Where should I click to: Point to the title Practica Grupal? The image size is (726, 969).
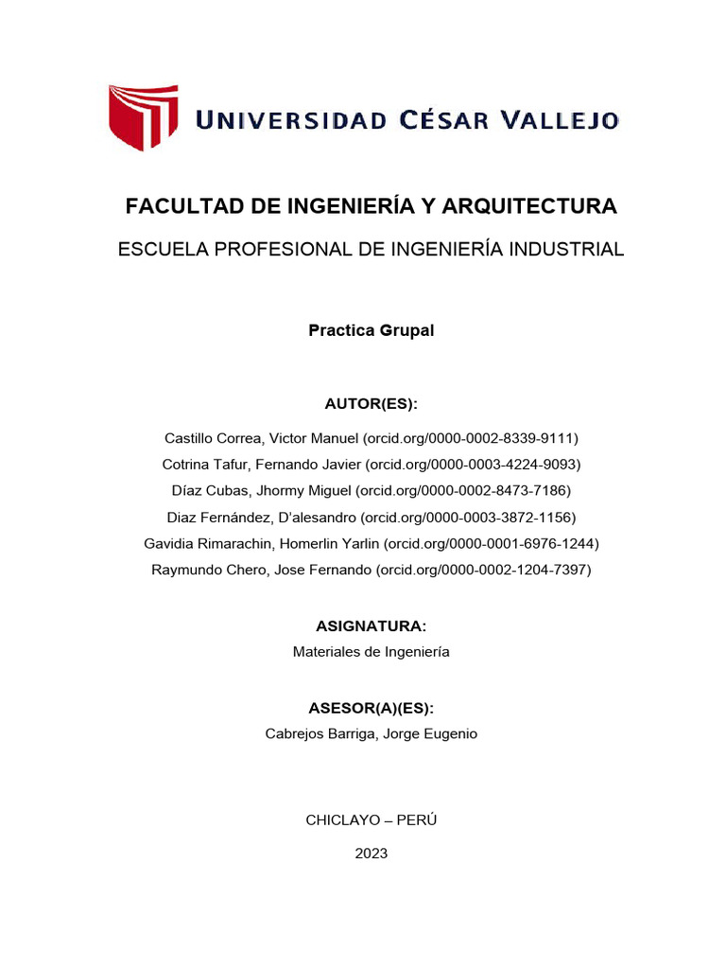click(x=372, y=331)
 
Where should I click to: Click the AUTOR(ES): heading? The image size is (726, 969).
click(x=372, y=404)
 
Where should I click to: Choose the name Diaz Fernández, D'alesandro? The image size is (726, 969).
click(x=262, y=518)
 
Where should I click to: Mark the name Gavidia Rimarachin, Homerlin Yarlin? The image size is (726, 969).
click(x=262, y=544)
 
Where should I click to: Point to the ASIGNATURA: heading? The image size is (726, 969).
click(x=372, y=626)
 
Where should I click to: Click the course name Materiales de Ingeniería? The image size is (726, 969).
click(x=372, y=652)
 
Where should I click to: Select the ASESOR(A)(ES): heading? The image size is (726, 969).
click(x=372, y=709)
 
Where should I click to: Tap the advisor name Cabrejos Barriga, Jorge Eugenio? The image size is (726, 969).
click(x=372, y=734)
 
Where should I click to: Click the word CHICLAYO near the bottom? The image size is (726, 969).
click(x=346, y=820)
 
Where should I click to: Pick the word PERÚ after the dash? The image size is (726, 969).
click(x=417, y=820)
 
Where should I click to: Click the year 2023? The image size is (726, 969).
click(x=372, y=854)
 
